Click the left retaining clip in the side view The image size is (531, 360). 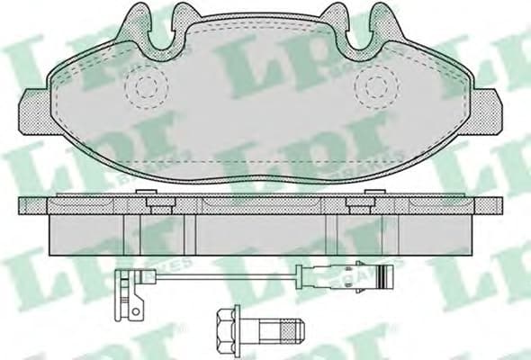160,204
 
